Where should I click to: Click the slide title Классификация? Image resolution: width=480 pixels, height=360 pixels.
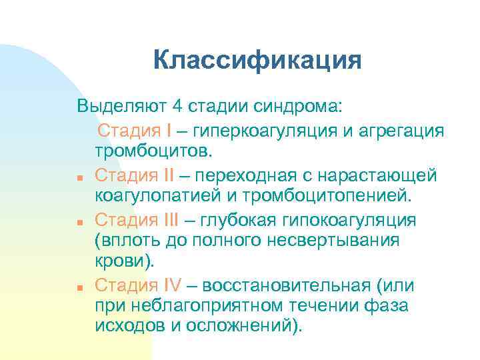pos(257,61)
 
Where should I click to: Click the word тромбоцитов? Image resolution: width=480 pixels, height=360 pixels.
pos(153,151)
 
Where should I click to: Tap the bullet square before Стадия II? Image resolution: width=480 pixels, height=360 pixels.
pos(79,177)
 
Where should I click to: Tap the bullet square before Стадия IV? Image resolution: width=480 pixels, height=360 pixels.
pos(79,288)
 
